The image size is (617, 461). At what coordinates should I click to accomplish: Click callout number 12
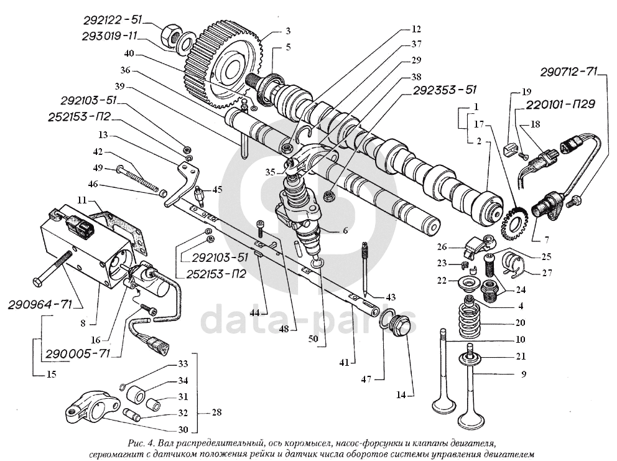click(415, 29)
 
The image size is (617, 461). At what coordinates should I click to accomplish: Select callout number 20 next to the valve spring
click(520, 322)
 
